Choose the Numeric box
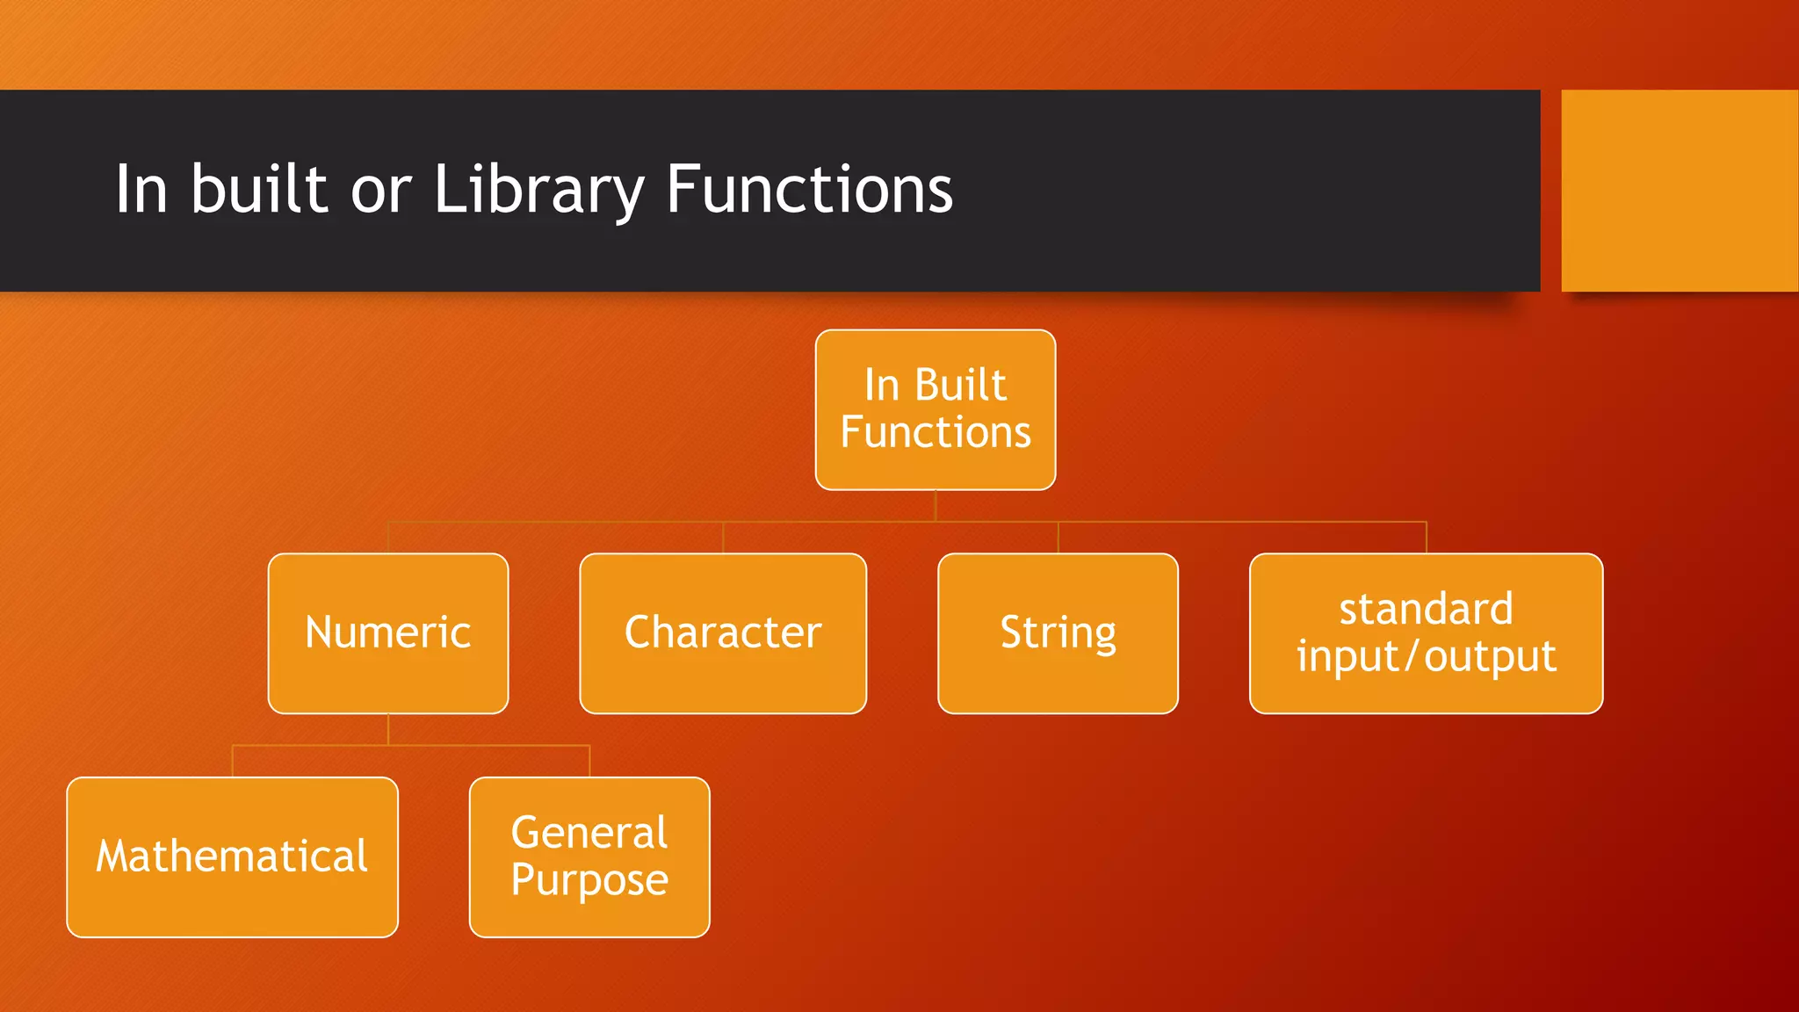click(x=387, y=632)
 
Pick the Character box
click(x=723, y=632)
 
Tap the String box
click(x=1058, y=632)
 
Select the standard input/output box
click(x=1426, y=632)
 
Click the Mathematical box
click(x=232, y=857)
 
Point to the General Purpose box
click(x=589, y=857)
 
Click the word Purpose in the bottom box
click(x=589, y=880)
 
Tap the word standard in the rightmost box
click(x=1426, y=609)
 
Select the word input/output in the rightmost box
click(x=1426, y=656)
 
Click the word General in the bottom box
click(x=589, y=832)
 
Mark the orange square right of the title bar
click(x=1680, y=190)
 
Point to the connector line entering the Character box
click(x=723, y=538)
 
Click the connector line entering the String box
click(x=1058, y=538)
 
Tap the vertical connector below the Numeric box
click(x=388, y=729)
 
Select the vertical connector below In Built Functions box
click(x=936, y=505)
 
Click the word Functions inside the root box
click(x=936, y=432)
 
